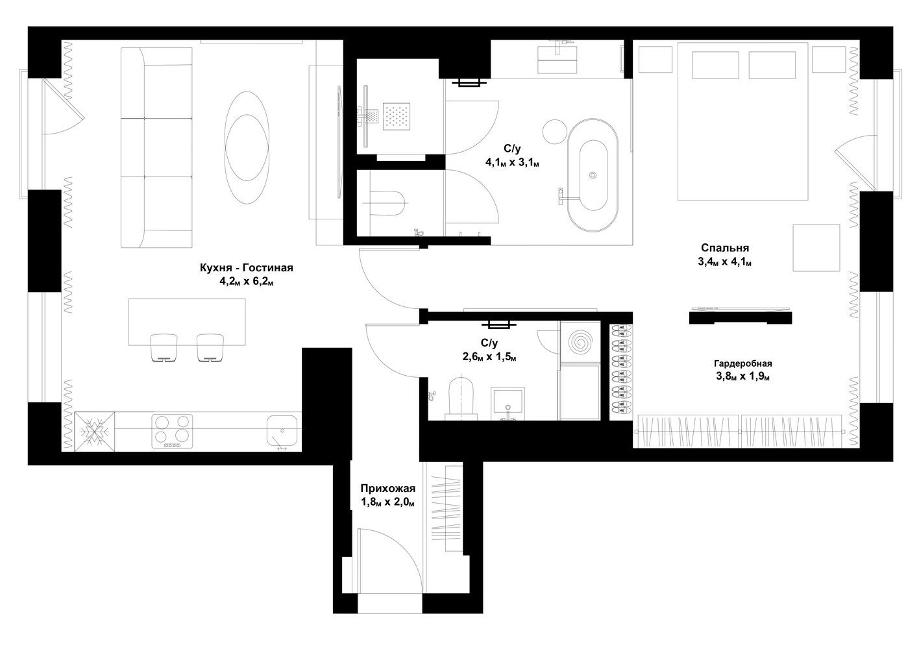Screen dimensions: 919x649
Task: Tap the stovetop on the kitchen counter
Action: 172,431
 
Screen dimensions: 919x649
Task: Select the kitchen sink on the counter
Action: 282,431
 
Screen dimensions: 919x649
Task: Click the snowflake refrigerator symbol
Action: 94,432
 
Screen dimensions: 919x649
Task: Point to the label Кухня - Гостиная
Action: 247,268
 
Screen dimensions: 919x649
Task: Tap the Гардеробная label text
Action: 743,363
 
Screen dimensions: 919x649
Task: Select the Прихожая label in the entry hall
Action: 387,489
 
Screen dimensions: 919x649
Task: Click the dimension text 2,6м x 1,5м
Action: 489,357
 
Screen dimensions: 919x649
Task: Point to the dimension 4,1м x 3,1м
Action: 513,163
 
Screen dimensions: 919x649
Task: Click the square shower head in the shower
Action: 397,117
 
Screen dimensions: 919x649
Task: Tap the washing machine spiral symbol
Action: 580,342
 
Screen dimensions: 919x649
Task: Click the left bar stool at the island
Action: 164,348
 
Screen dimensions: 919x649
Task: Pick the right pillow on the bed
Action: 772,65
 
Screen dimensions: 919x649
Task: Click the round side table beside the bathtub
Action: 555,132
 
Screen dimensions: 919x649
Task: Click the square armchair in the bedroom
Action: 816,248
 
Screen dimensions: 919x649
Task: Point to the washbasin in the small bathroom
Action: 508,404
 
